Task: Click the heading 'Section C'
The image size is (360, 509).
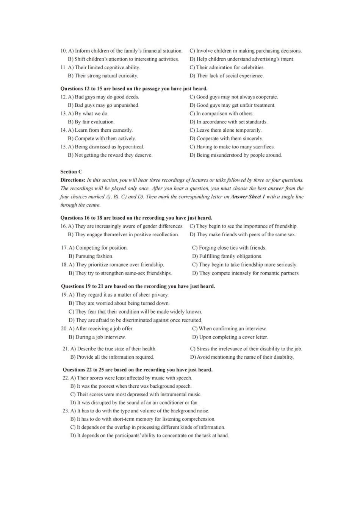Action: point(71,172)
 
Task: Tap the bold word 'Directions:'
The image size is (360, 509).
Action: point(73,180)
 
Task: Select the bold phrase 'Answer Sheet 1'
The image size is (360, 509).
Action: point(248,197)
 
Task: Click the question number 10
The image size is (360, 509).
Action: point(64,51)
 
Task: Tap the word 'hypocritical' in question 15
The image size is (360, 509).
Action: point(131,147)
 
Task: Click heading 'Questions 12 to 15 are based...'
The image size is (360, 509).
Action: point(134,89)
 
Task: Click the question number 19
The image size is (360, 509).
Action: point(64,295)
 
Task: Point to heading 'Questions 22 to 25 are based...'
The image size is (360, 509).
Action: point(137,370)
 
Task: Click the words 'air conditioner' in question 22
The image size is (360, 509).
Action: point(158,403)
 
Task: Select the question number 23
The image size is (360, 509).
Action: point(66,411)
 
